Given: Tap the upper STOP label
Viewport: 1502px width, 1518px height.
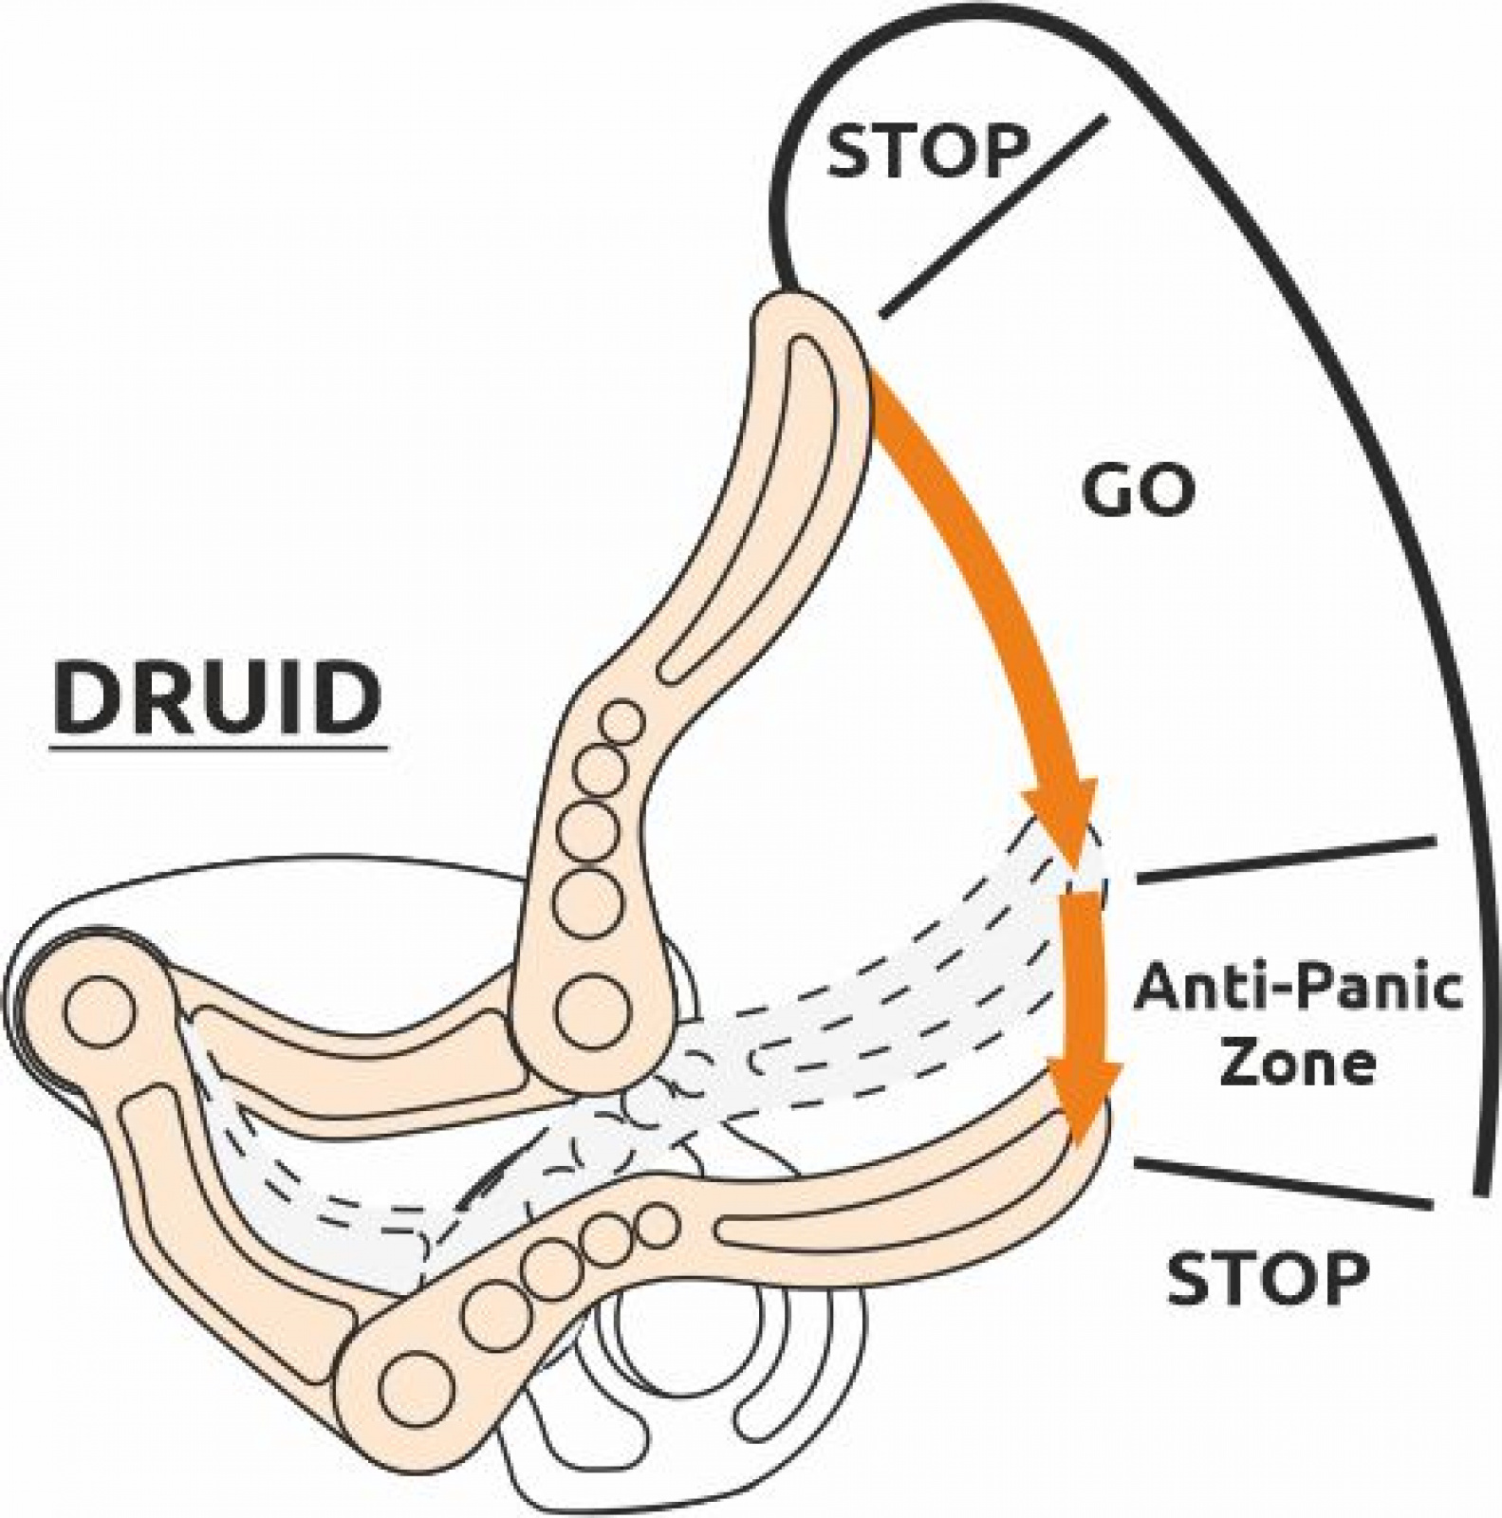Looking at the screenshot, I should (x=927, y=151).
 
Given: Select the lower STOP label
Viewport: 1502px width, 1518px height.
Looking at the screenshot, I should (x=1268, y=1277).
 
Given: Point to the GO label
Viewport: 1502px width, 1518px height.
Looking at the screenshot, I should (x=1139, y=492).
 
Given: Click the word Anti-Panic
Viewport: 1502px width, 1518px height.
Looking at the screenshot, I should (x=1298, y=988).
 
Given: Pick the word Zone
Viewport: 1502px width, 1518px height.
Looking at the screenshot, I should (x=1297, y=1062).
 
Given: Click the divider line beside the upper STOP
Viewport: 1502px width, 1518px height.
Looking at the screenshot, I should (x=994, y=216).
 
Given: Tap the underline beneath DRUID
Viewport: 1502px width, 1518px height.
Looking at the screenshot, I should (x=218, y=749).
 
